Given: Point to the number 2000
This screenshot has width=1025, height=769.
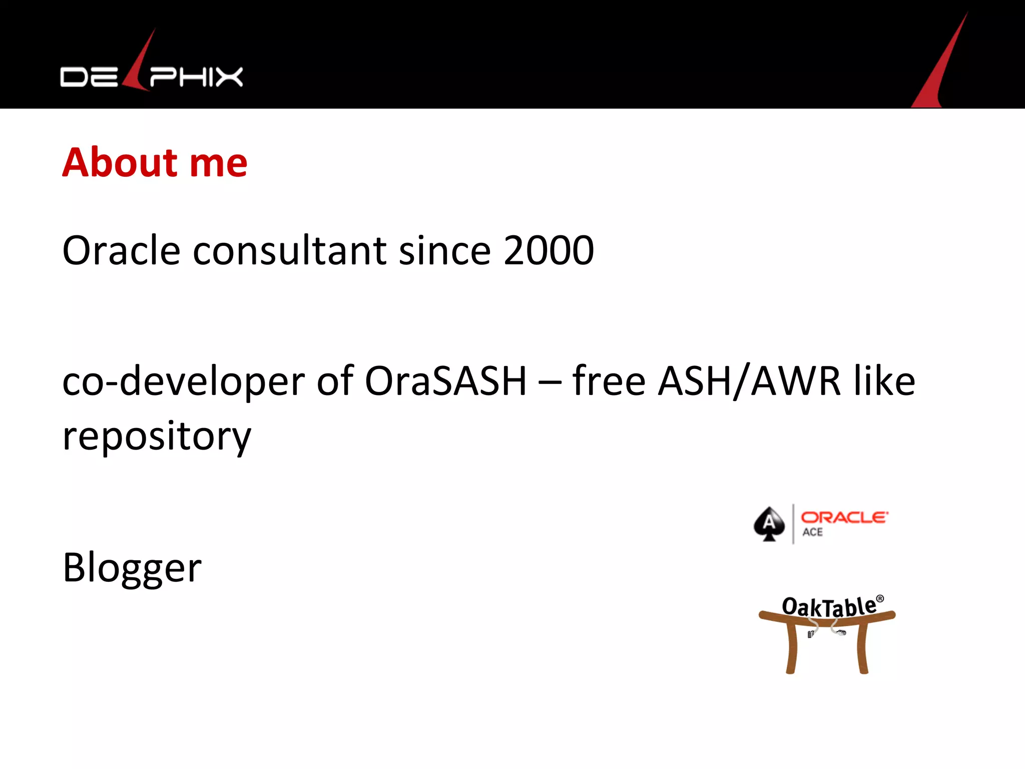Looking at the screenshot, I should [x=549, y=250].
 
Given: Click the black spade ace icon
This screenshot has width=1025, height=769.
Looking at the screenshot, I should [x=769, y=524].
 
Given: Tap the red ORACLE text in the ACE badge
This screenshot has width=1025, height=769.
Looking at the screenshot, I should [x=844, y=517].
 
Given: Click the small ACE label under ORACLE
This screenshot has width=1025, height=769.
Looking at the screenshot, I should [x=812, y=532].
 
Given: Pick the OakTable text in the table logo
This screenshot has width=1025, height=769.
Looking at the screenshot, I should [x=829, y=607].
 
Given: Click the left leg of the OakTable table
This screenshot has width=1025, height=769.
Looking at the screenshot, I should [x=791, y=649].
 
